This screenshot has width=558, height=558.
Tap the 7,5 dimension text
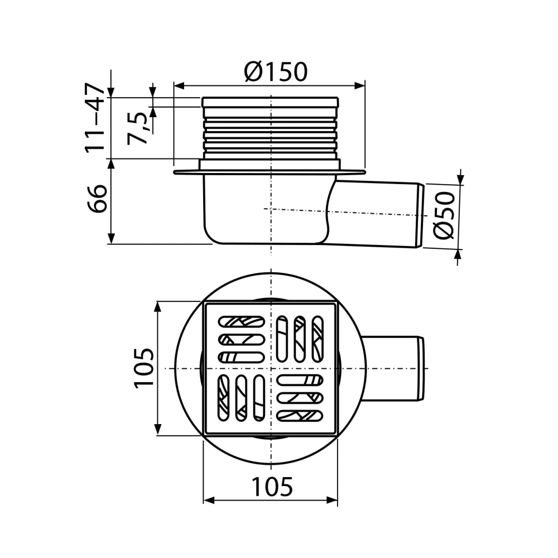pyautogui.click(x=138, y=127)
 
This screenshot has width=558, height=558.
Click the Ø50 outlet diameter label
pyautogui.click(x=445, y=214)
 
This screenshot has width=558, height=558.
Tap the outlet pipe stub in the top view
pyautogui.click(x=393, y=368)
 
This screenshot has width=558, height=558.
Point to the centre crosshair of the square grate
pyautogui.click(x=271, y=369)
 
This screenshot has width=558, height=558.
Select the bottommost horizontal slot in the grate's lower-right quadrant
pyautogui.click(x=300, y=416)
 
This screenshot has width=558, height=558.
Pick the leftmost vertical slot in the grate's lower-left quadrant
pyautogui.click(x=223, y=397)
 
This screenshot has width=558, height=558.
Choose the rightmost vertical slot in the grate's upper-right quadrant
pyautogui.click(x=318, y=340)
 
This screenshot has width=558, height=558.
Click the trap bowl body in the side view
pyautogui.click(x=262, y=212)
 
